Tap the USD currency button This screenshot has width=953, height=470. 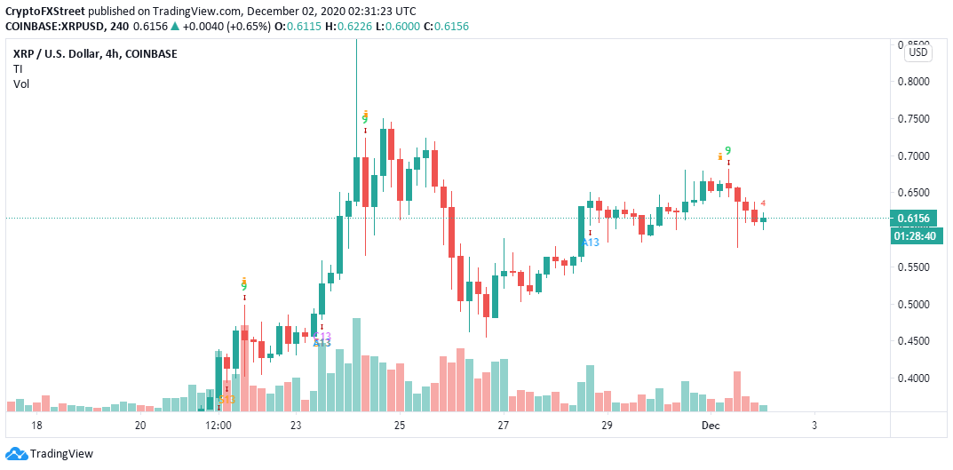[918, 52]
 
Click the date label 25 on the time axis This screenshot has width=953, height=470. [400, 426]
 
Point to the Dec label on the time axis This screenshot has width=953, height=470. [711, 426]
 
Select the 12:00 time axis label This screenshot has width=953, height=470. [218, 426]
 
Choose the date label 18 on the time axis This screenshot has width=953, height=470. [36, 426]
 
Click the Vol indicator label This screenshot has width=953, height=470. [20, 84]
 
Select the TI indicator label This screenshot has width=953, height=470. [18, 69]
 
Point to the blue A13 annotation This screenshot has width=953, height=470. [590, 242]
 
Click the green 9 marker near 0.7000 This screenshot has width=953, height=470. [728, 151]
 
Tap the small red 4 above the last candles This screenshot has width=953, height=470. [763, 203]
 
